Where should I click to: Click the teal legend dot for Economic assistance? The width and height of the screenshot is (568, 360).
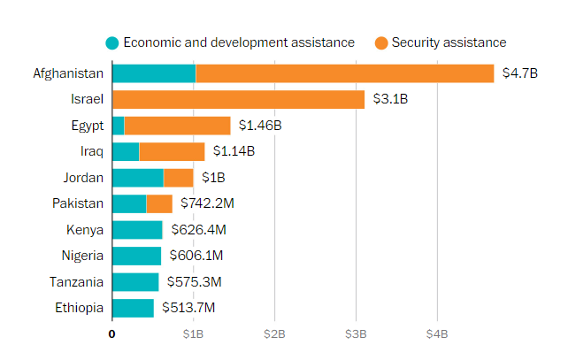[111, 42]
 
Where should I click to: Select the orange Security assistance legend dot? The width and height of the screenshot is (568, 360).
[380, 42]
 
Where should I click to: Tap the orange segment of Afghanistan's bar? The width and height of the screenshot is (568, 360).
[345, 73]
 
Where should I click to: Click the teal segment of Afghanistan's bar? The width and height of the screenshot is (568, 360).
[154, 73]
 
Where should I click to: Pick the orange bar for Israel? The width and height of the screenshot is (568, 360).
[238, 99]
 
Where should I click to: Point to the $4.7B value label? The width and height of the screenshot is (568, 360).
[519, 73]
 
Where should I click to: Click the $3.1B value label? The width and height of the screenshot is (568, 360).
[390, 99]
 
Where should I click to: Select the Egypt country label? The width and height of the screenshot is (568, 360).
[87, 126]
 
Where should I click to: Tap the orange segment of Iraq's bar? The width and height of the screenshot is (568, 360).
[172, 151]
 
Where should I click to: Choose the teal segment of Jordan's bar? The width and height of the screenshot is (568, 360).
[138, 178]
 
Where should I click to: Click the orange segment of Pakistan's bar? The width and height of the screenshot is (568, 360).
[159, 203]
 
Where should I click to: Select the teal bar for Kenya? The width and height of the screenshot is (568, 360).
[137, 230]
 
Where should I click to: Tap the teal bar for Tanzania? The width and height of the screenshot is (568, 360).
[135, 282]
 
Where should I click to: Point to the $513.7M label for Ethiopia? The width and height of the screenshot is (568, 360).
[188, 309]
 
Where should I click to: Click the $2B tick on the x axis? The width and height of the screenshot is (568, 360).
[274, 334]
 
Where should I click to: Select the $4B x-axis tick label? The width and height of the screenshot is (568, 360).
[437, 334]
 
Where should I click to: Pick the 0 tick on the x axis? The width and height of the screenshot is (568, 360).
[111, 334]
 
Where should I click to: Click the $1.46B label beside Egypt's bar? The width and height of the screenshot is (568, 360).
[260, 126]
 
